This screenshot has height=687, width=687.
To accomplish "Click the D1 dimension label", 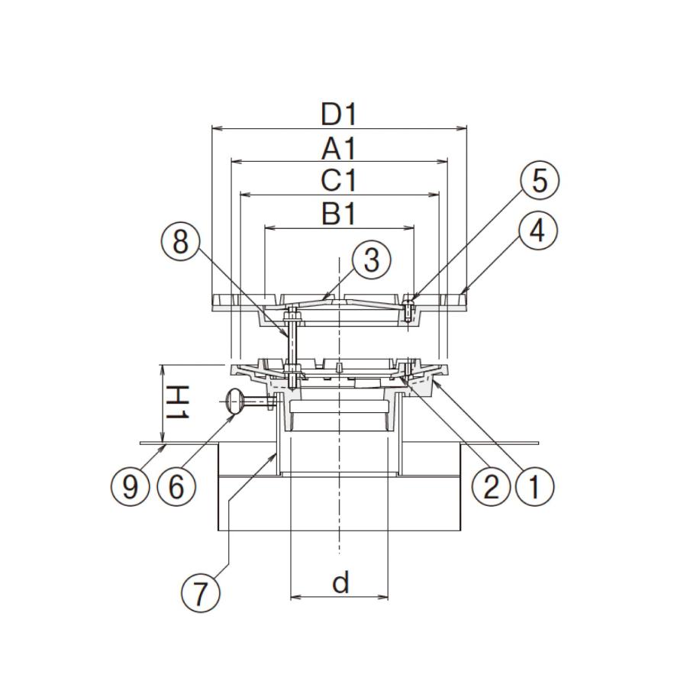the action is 339,114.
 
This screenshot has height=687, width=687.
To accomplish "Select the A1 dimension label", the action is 339,149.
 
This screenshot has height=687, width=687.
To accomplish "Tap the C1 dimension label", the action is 339,180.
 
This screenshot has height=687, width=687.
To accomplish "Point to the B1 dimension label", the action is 339,214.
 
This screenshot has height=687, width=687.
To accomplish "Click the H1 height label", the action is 178,402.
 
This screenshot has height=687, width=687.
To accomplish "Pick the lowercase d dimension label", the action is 340,582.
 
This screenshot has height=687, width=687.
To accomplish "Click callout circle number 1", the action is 535,486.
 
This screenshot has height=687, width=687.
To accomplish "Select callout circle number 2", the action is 490,486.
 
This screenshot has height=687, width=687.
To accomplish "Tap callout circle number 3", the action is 371,260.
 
